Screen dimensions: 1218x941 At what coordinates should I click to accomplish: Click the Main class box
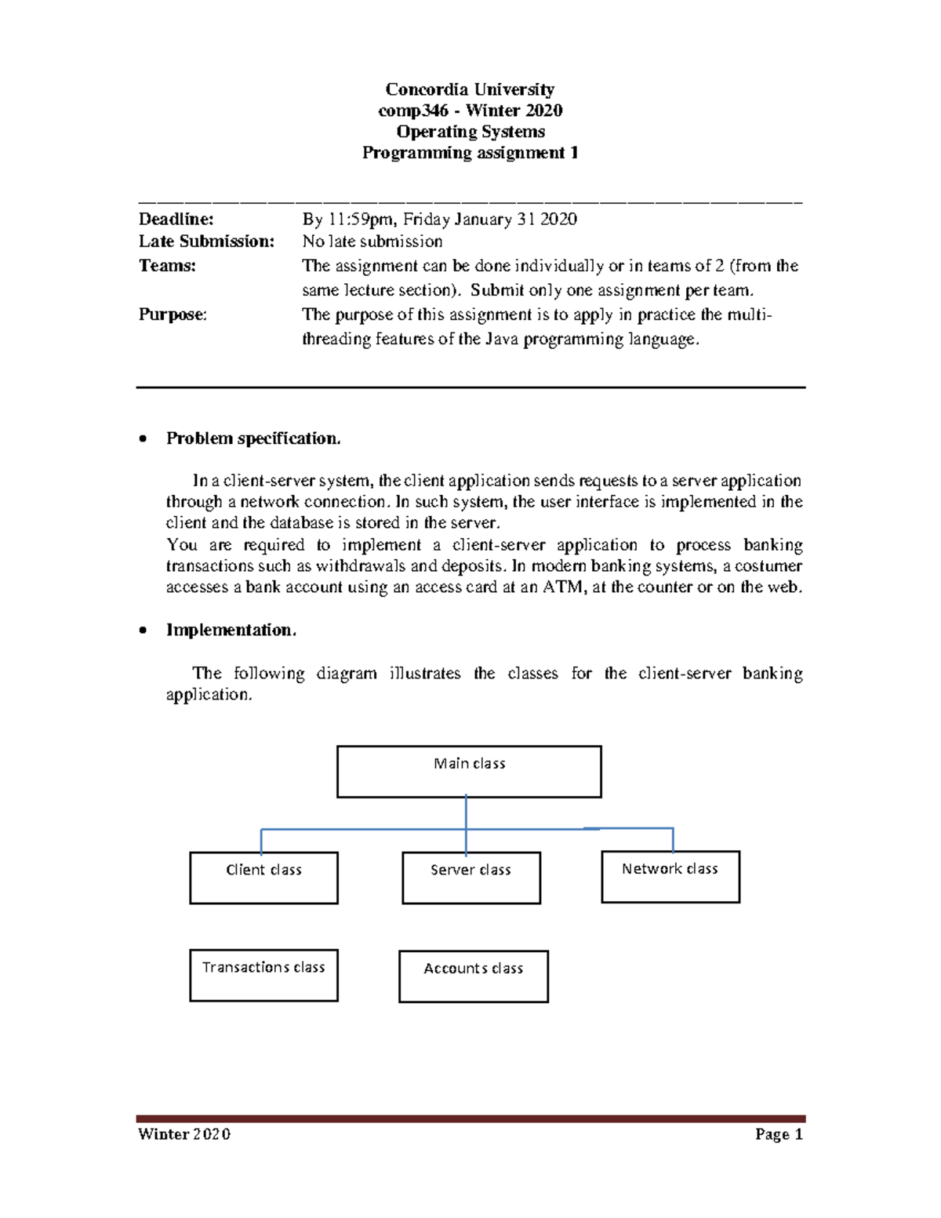tap(469, 772)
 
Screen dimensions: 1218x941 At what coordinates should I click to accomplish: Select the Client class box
tap(263, 878)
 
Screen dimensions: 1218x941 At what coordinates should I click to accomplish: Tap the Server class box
tap(470, 878)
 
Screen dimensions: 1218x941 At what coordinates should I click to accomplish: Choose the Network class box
tap(670, 876)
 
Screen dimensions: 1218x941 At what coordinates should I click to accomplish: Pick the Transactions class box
tap(263, 975)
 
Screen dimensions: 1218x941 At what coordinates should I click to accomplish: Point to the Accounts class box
tap(473, 976)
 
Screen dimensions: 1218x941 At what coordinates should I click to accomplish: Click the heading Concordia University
tap(470, 89)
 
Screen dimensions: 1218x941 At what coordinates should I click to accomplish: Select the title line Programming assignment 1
tap(470, 153)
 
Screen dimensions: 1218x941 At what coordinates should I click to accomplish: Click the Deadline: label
tap(176, 219)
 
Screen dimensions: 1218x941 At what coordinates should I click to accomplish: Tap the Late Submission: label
tap(206, 242)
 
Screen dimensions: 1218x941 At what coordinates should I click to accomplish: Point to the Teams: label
tap(167, 266)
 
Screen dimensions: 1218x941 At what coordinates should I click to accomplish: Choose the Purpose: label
tap(173, 314)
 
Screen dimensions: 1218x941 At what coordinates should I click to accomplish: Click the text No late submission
tap(372, 242)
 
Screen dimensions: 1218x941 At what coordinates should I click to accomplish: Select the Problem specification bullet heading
tap(253, 438)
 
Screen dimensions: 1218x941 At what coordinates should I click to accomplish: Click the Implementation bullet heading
tap(231, 630)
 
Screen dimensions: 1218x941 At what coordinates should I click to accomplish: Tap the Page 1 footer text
tap(779, 1134)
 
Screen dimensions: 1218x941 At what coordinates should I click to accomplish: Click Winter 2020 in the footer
tap(183, 1134)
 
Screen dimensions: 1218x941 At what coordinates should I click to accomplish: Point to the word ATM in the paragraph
tap(562, 587)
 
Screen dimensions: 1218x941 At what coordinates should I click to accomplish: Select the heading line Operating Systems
tap(470, 132)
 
